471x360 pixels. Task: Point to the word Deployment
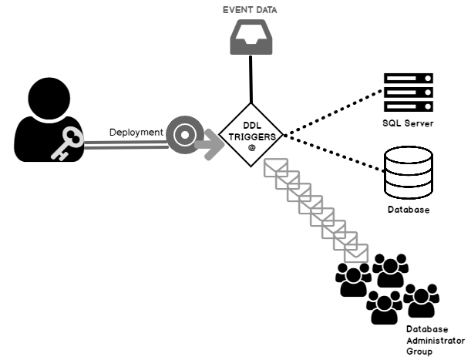tap(136, 132)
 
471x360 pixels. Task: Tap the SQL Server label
tap(408, 123)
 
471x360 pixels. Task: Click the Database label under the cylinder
tap(408, 210)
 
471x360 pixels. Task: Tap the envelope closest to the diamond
tap(274, 168)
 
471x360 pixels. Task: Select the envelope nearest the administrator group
tap(357, 251)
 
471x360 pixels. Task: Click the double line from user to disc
tap(123, 144)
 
